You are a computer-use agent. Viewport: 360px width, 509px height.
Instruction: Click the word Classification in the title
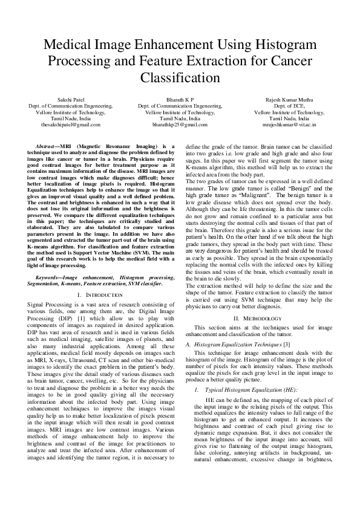point(180,78)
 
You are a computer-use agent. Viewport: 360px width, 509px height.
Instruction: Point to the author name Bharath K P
point(180,99)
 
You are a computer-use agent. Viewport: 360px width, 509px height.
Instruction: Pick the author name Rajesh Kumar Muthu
point(289,99)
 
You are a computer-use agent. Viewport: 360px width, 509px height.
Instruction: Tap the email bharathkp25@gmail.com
point(180,125)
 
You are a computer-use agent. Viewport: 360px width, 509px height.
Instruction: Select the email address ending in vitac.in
point(289,125)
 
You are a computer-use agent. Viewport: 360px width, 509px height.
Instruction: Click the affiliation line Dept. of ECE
point(289,106)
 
